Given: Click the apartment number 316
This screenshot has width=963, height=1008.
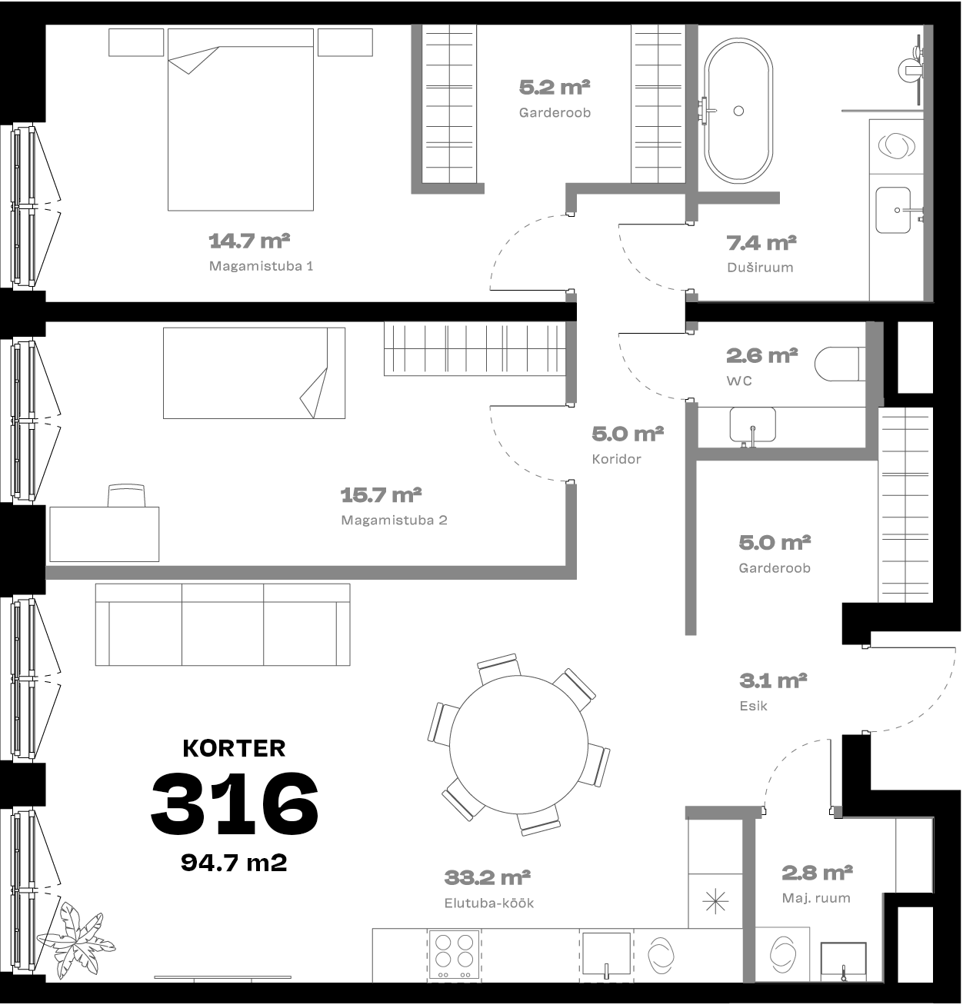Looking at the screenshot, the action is pos(235,803).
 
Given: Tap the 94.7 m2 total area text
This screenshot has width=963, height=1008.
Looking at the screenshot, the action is pos(234,863).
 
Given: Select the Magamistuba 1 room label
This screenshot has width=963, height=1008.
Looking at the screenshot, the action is pos(261,266).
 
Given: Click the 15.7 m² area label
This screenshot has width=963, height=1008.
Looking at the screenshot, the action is pos(381,495).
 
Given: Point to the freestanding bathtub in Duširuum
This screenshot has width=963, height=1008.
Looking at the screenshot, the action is pos(738,111).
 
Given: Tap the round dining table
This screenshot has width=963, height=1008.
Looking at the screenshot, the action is pos(518,744).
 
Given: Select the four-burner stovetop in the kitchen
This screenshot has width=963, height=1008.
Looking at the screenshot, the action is pos(454,955).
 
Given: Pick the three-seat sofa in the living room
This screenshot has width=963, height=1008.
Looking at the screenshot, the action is pos(223,624).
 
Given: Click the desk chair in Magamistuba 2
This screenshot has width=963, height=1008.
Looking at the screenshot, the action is pos(126,496).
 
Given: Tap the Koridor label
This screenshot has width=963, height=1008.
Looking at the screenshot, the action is pos(616,459).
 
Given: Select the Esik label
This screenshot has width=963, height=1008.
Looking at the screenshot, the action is pos(753,706).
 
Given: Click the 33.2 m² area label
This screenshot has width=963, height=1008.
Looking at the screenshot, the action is pos(487,877).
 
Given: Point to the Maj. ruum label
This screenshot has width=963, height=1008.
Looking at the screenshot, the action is pos(816,898).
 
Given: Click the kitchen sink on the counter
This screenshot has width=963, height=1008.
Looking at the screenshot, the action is pos(606,955).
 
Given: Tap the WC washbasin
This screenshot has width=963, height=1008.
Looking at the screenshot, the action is pos(752,424).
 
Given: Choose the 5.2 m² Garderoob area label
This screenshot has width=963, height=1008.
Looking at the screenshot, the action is pos(555,87).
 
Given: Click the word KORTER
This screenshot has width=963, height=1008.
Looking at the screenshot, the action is pos(235,748).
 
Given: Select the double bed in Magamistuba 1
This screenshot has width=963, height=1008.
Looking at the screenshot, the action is pos(241,120).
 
